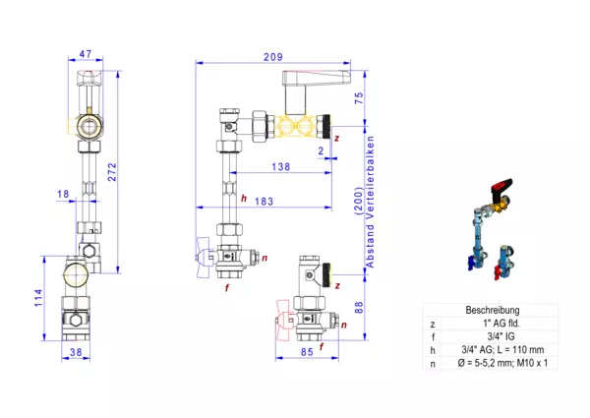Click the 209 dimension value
pos(272,57)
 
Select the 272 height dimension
pos(112,172)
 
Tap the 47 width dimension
pos(86,54)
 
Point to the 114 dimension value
pos(39,298)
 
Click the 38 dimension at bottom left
pos(76,352)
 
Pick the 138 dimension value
pos(281,166)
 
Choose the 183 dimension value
pos(264,202)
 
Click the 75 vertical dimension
pos(359,98)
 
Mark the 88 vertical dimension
pos(359,308)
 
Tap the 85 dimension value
pos(307,352)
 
